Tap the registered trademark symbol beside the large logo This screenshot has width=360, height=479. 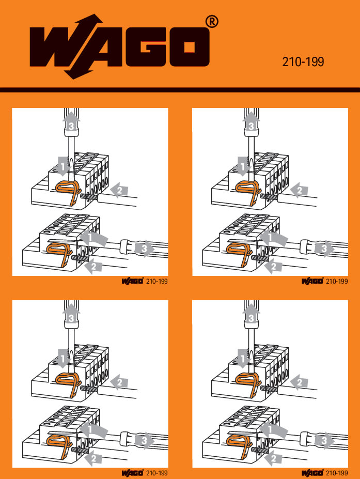click(x=212, y=22)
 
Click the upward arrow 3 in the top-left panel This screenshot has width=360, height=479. click(x=71, y=125)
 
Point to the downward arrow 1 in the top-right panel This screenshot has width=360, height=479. click(x=243, y=167)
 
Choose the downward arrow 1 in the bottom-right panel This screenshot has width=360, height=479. click(x=243, y=358)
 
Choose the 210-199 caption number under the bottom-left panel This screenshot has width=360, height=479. click(x=157, y=473)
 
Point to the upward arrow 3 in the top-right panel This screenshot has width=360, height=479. click(x=251, y=125)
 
